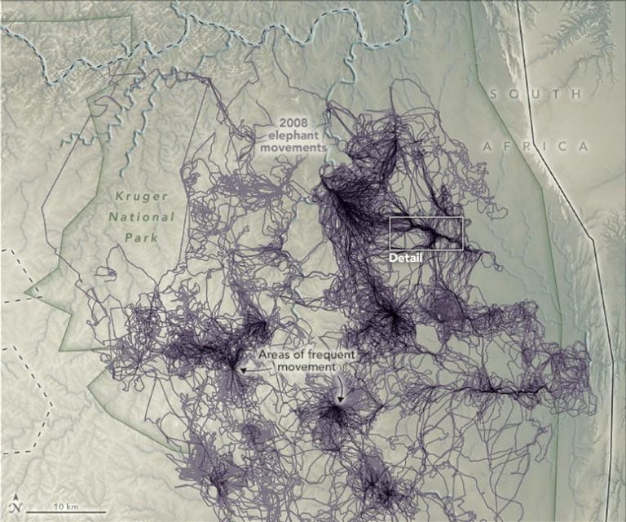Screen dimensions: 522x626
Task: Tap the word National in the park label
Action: point(141,217)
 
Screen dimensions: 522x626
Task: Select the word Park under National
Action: point(140,237)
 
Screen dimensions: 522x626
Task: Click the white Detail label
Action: point(406,258)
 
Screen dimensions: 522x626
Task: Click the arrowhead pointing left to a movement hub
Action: point(242,369)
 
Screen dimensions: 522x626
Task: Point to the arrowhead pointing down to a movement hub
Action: point(342,399)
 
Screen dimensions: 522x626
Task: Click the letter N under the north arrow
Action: point(15,511)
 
